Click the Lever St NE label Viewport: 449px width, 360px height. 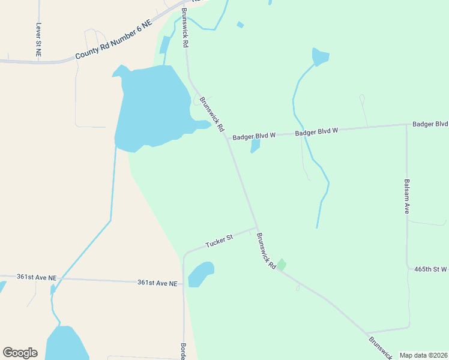click(x=38, y=40)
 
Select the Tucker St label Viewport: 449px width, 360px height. click(x=218, y=241)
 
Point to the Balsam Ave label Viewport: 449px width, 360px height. click(x=406, y=196)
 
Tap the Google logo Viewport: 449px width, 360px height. click(x=20, y=353)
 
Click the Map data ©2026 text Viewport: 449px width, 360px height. click(x=423, y=355)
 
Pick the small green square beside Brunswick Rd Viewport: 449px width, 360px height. click(x=281, y=264)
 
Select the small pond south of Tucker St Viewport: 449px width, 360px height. click(x=201, y=274)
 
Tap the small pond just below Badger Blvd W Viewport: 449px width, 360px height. click(x=255, y=145)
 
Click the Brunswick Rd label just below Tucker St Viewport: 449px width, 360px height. click(x=265, y=251)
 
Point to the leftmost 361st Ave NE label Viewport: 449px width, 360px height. click(x=36, y=278)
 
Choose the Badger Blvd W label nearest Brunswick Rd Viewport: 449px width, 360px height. click(x=255, y=136)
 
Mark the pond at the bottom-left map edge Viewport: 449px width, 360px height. click(x=66, y=345)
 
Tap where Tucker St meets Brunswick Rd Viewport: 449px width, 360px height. click(x=257, y=228)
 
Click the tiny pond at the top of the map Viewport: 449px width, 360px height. click(x=240, y=25)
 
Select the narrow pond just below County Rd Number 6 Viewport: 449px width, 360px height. click(x=164, y=46)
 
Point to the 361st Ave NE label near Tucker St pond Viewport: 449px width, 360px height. click(x=157, y=283)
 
